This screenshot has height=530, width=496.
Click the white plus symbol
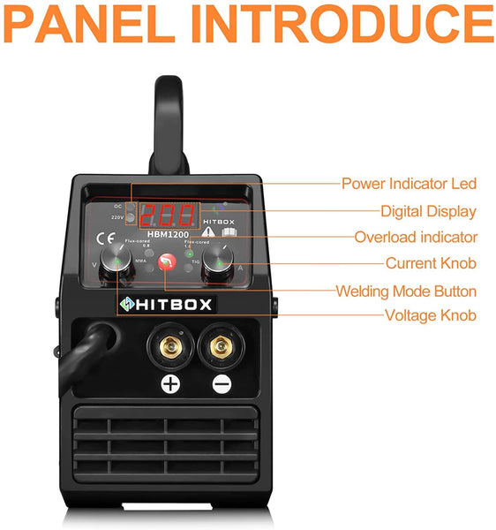pyautogui.click(x=169, y=383)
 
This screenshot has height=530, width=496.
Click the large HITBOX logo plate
pyautogui.click(x=167, y=303)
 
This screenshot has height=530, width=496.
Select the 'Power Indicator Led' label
pyautogui.click(x=409, y=184)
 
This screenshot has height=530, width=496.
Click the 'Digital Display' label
pyautogui.click(x=428, y=211)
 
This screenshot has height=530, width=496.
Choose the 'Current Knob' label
pyautogui.click(x=431, y=263)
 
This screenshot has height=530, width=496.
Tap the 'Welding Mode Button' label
pyautogui.click(x=405, y=291)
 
